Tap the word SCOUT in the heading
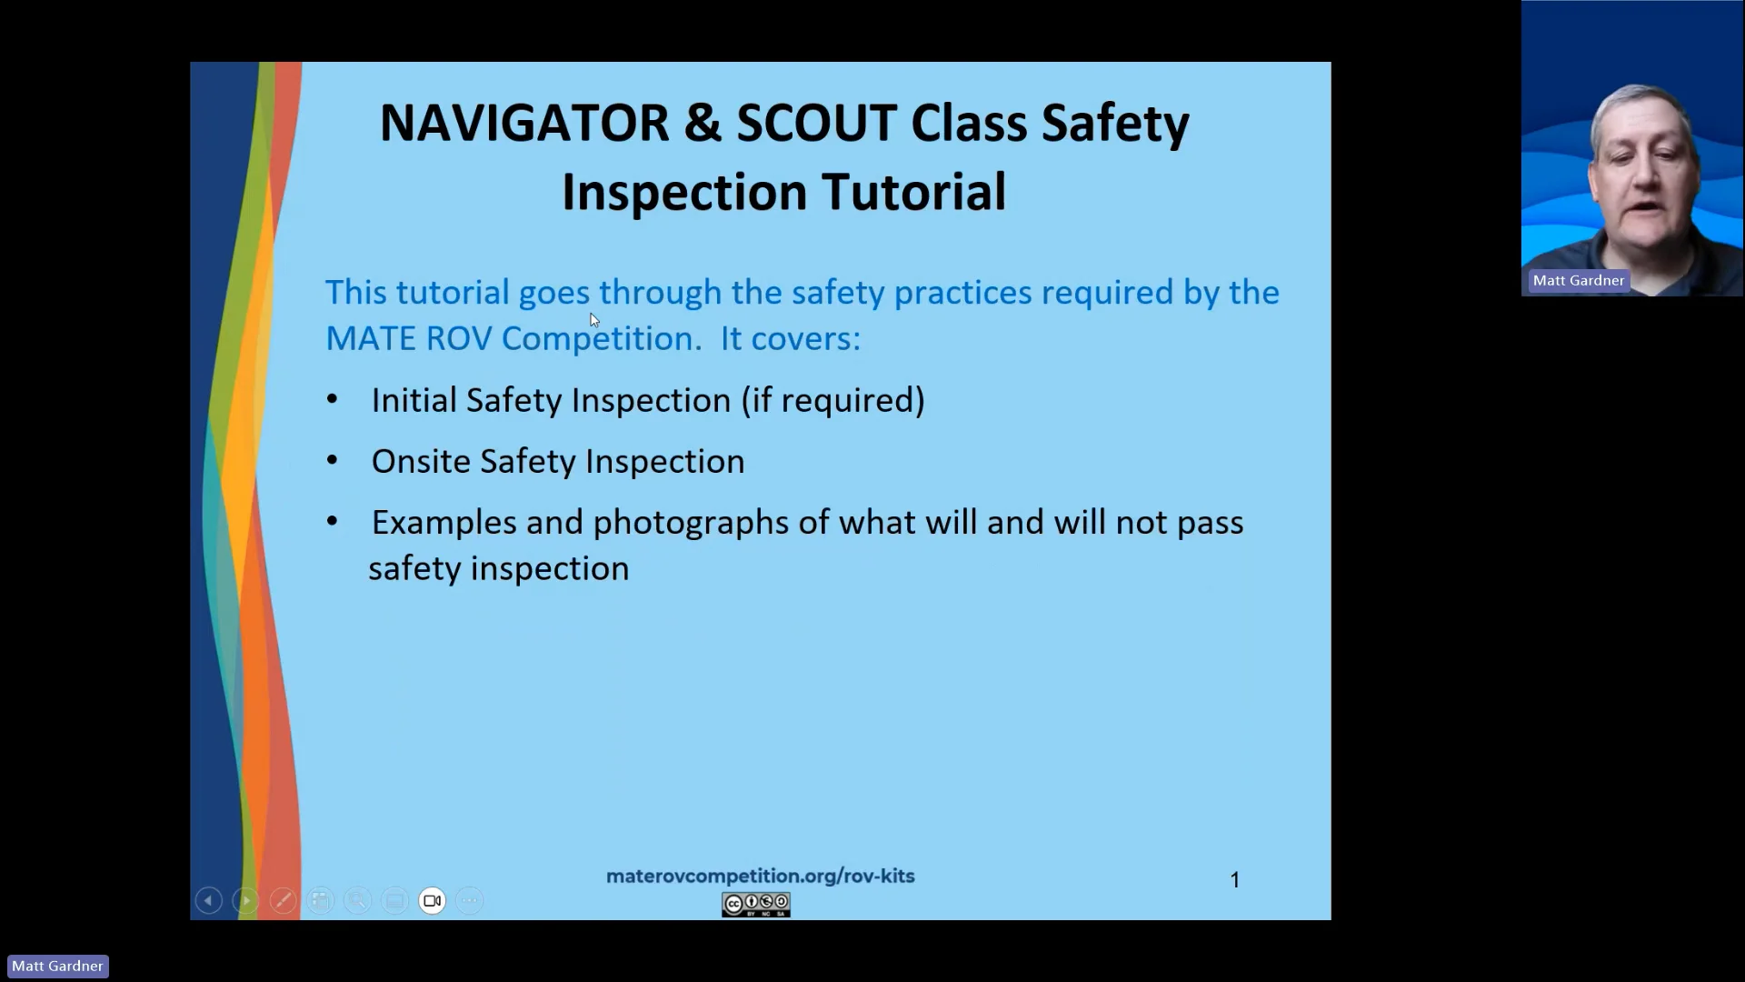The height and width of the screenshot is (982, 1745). (816, 123)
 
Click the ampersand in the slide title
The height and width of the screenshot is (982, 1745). (702, 123)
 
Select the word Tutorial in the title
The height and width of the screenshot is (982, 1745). (913, 192)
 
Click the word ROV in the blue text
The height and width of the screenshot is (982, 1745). (458, 338)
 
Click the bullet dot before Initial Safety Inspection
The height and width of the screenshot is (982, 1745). (333, 399)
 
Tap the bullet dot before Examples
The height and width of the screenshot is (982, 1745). (333, 521)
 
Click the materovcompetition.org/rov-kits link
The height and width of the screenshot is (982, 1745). (760, 876)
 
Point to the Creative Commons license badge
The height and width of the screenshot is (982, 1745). (755, 904)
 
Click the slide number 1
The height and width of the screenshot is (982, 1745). (1234, 879)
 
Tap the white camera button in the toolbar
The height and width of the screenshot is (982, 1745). (432, 900)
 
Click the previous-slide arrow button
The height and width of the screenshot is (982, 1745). (208, 900)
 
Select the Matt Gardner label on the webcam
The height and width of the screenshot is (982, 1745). (1578, 280)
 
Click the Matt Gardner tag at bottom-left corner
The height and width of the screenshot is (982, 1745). (57, 966)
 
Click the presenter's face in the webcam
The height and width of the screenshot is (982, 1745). (1643, 168)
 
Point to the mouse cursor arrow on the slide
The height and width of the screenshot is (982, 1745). (593, 319)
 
